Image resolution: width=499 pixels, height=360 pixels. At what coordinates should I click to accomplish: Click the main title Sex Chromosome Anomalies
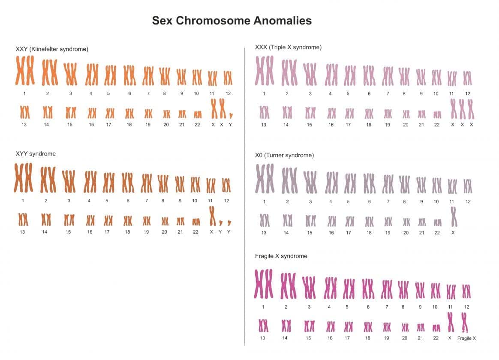click(231, 21)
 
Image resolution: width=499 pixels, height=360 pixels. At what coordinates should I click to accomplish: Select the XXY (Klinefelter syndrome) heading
click(52, 49)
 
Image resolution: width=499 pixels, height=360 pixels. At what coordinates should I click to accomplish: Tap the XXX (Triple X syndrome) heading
click(288, 47)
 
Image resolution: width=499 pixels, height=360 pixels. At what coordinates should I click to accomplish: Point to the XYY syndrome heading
click(36, 153)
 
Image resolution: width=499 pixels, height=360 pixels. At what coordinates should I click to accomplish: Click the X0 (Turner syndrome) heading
click(284, 155)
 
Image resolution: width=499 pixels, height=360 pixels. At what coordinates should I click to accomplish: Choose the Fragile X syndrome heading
click(281, 256)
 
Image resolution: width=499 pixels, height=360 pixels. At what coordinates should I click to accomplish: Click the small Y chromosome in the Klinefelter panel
click(231, 115)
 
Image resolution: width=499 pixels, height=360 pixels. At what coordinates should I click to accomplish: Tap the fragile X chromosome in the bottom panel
click(465, 322)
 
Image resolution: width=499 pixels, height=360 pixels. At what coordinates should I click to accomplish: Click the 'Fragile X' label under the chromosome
click(466, 338)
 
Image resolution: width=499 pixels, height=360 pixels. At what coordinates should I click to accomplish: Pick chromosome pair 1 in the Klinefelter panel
click(25, 70)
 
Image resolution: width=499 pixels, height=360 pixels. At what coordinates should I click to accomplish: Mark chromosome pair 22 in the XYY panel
click(196, 222)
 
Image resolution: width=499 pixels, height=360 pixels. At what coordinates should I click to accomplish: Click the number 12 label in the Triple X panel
click(468, 93)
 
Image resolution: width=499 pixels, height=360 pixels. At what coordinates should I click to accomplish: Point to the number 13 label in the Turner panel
click(264, 232)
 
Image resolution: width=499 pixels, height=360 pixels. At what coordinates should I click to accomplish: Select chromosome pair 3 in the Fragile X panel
click(309, 288)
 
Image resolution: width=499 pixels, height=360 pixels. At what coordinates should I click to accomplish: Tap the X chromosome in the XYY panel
click(212, 216)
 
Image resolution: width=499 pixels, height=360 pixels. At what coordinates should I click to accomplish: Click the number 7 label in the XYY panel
click(146, 201)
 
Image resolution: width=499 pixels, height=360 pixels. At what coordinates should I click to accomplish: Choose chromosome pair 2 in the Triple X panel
click(289, 72)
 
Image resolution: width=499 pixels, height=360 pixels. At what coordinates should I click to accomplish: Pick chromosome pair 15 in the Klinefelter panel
click(71, 113)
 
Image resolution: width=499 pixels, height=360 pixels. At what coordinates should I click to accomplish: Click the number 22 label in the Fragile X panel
click(436, 338)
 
